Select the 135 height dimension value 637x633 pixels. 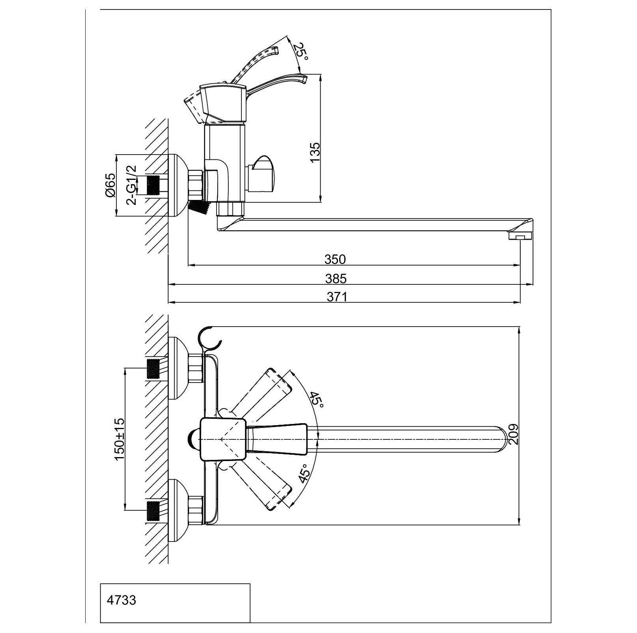point(315,152)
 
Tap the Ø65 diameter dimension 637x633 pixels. point(110,185)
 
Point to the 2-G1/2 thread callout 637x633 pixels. point(131,185)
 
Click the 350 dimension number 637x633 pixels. point(335,259)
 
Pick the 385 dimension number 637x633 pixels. point(336,278)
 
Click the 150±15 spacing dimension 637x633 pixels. point(119,439)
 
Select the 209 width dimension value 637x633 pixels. point(513,434)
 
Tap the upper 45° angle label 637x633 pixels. point(316,400)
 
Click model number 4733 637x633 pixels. point(121,600)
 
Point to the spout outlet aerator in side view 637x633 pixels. point(520,236)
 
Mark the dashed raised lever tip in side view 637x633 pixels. point(275,50)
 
